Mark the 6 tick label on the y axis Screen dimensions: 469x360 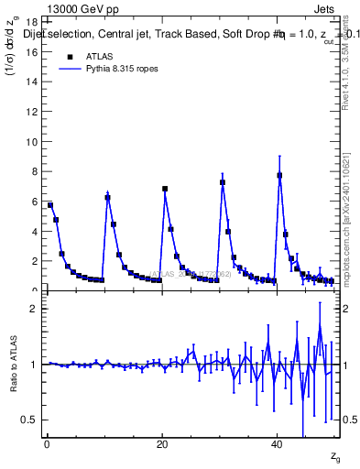click(35, 202)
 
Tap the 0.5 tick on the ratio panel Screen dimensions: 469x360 click(30, 420)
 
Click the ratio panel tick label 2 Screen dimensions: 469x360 click(35, 309)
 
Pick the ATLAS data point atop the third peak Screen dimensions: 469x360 click(223, 182)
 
